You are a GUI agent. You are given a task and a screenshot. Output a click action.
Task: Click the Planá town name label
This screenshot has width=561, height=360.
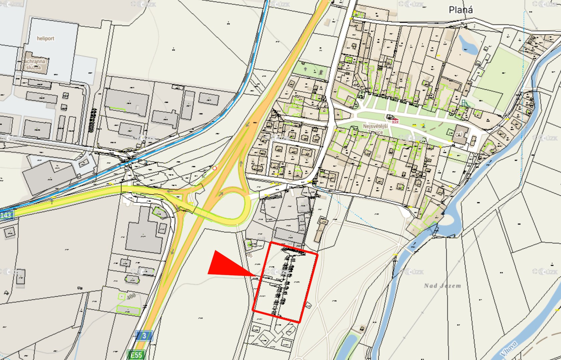pos(461,10)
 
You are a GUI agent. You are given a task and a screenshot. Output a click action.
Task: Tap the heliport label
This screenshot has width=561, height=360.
pos(45,39)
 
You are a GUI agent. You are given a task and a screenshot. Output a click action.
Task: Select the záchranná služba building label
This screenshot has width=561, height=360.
pos(33,64)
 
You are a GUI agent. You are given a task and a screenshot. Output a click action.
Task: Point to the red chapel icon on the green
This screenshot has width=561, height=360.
pos(395,121)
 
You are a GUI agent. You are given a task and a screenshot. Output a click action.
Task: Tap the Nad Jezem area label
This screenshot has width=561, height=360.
pos(443,286)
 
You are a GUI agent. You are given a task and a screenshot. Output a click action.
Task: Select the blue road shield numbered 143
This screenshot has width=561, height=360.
pos(6,215)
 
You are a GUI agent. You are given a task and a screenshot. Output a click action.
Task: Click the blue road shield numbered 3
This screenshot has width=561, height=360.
pos(144,336)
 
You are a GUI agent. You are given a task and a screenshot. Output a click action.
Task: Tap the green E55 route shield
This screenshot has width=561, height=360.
pos(136,355)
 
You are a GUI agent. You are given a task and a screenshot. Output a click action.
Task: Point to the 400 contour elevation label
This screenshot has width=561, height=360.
pos(131,296)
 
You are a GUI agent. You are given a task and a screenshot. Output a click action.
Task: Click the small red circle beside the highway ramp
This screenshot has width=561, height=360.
pos(214,168)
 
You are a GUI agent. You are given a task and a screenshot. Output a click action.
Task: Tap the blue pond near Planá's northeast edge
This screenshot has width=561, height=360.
pos(468,45)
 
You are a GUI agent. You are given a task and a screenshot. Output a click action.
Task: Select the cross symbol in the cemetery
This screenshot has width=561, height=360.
pos(306,69)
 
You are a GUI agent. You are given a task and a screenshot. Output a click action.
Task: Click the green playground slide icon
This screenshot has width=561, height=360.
pos(464,103)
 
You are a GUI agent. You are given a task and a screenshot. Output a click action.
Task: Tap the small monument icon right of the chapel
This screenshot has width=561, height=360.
pos(423,126)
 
